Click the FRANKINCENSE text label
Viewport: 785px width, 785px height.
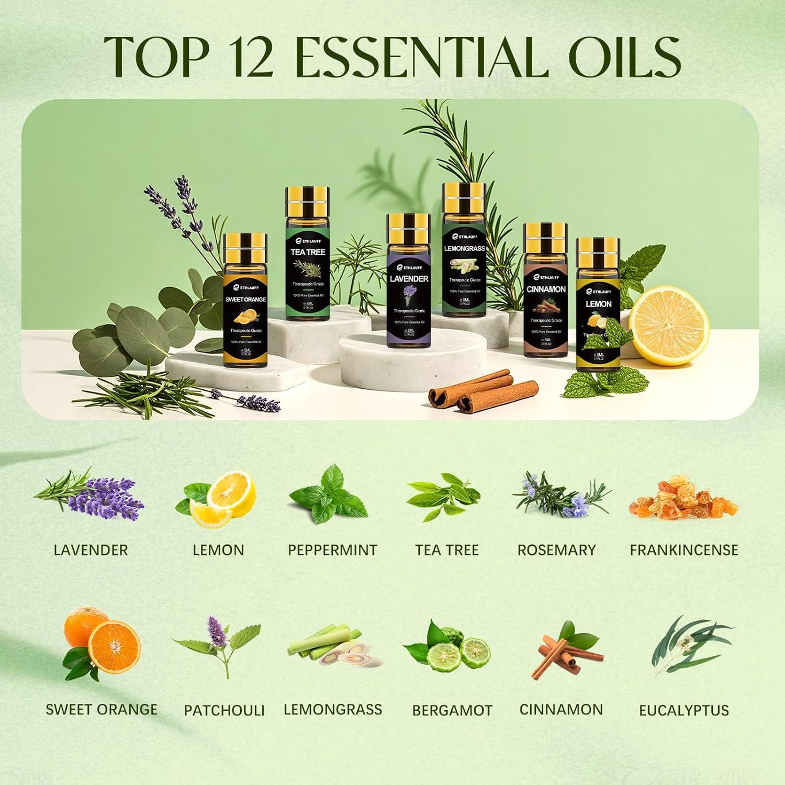pos(683,550)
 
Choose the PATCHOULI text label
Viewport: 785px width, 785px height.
pos(224,710)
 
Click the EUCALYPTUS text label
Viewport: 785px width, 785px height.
pos(683,710)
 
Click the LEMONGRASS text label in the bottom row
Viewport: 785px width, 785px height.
pos(333,710)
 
